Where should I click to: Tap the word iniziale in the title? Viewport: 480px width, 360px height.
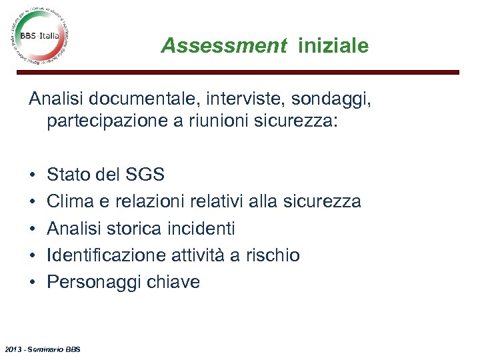333,46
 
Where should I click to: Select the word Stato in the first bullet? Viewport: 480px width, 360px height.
69,175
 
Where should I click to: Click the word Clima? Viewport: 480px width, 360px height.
71,202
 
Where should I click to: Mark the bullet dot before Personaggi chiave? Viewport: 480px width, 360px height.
32,283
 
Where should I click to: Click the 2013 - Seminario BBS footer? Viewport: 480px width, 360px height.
42,349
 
